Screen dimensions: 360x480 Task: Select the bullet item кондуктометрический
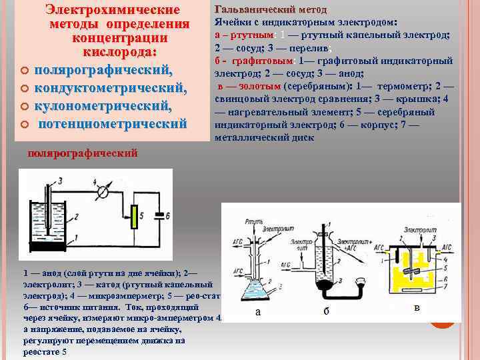(x=110, y=88)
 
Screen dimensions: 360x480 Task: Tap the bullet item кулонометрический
(x=103, y=106)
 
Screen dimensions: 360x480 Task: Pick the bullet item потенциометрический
(x=112, y=123)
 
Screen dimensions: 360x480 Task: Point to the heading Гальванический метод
(x=271, y=10)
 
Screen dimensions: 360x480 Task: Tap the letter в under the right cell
(x=416, y=308)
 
